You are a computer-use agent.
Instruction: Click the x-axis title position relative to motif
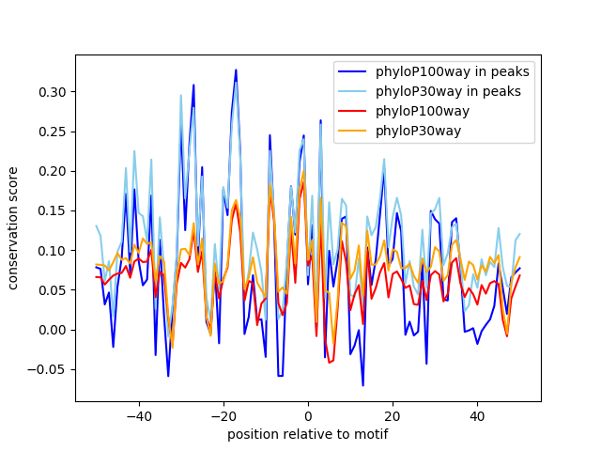307,434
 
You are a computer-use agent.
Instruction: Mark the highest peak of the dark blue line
236,70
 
